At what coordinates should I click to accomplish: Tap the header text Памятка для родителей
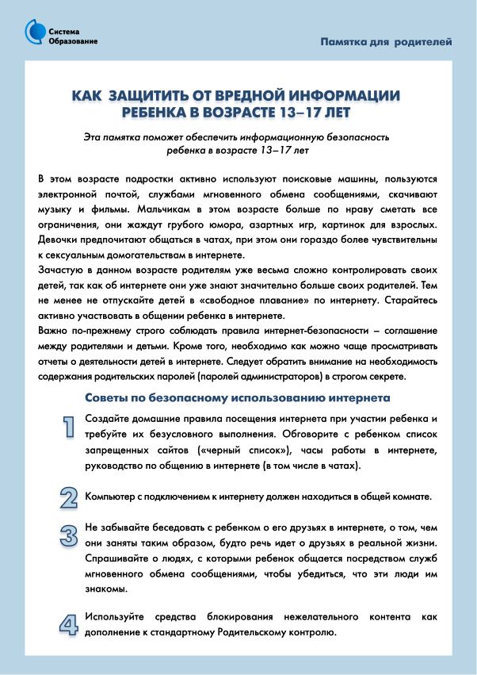coord(386,41)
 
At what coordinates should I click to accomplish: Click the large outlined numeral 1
coord(70,427)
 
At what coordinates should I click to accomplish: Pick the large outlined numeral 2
coord(70,497)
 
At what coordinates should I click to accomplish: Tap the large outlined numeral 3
coord(70,533)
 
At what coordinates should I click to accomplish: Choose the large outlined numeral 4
coord(70,624)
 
